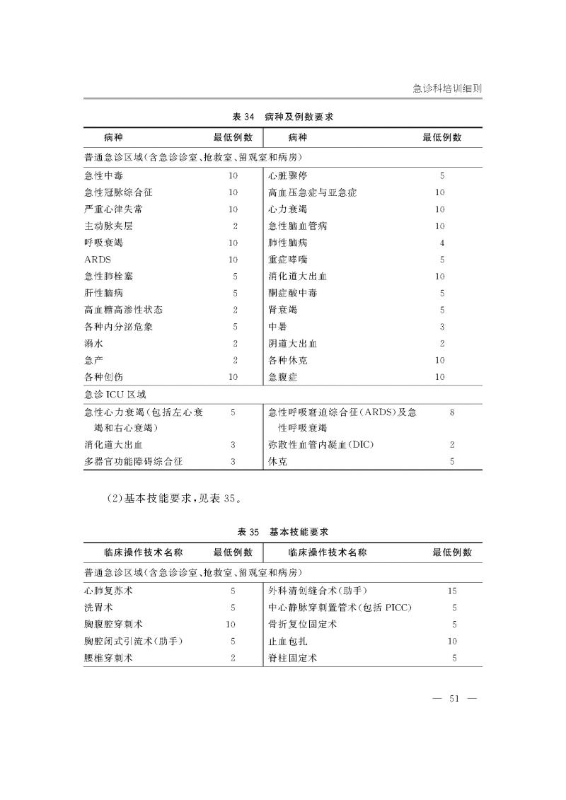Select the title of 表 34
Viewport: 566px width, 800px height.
(283, 117)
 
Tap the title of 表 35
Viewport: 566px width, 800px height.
(283, 531)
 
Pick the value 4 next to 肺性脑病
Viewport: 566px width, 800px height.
(441, 243)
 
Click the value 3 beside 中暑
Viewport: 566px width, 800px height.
(441, 327)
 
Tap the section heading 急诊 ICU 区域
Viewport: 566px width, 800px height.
(115, 394)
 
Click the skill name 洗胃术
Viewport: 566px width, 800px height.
(98, 608)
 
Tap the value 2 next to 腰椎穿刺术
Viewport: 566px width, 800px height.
(233, 658)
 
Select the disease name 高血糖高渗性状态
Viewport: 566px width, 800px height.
(123, 310)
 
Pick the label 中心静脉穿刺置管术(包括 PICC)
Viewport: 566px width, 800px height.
(340, 608)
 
